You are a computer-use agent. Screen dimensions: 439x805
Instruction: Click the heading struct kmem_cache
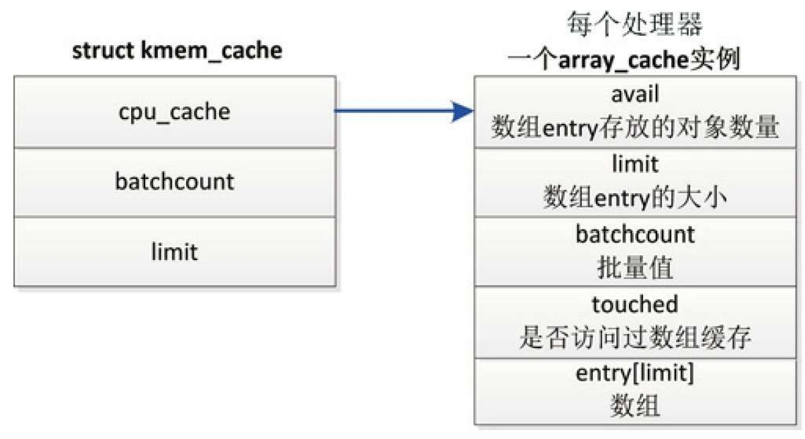click(x=177, y=51)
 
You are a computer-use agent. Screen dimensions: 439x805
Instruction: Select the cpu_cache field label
click(x=174, y=111)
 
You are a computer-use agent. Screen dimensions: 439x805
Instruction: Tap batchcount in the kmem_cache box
click(x=174, y=181)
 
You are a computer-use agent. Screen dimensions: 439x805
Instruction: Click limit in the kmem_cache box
click(x=174, y=251)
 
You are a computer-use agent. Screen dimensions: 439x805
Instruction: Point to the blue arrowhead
click(x=461, y=111)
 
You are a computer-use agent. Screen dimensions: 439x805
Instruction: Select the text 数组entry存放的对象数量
click(x=635, y=128)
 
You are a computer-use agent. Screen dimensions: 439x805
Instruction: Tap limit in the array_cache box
click(x=635, y=164)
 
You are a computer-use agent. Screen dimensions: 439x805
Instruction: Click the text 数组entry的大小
click(x=635, y=199)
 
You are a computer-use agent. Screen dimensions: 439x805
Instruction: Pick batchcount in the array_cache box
click(x=635, y=233)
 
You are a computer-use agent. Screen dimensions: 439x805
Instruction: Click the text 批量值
click(x=635, y=268)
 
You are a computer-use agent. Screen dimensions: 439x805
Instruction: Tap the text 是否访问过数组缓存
click(x=635, y=339)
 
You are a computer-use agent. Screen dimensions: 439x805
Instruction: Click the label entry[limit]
click(x=635, y=374)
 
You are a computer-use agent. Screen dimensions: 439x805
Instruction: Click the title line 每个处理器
click(x=635, y=26)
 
